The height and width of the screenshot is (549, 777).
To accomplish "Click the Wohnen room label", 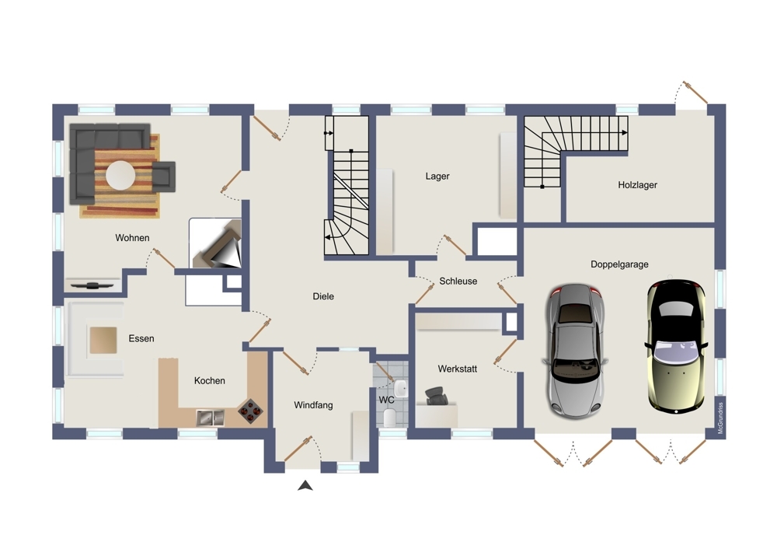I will [132, 237].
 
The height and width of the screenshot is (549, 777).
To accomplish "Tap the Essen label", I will [141, 338].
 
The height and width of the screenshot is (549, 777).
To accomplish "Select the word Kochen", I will [210, 380].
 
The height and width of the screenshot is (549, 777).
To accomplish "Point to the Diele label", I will [323, 296].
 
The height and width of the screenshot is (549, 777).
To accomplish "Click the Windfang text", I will [313, 404].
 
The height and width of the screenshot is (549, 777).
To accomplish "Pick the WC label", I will [386, 400].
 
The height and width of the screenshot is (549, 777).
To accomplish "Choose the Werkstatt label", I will [457, 369].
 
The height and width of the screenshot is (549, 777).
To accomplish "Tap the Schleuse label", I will [458, 281].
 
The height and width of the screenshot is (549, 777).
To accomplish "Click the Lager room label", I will [437, 177].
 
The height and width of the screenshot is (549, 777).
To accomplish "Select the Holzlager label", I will [637, 185].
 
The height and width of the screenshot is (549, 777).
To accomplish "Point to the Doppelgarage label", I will [619, 264].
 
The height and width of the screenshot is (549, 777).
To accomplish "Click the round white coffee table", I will [121, 175].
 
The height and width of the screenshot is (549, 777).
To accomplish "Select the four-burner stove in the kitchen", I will [250, 409].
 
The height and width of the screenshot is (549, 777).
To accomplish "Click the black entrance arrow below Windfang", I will [305, 486].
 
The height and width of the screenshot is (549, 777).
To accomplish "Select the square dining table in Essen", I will [103, 339].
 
